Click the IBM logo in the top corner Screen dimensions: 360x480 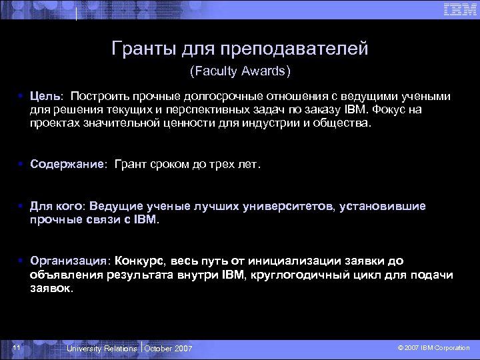pyautogui.click(x=460, y=9)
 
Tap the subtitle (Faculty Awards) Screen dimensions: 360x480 pyautogui.click(x=241, y=70)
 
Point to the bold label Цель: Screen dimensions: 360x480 pyautogui.click(x=46, y=96)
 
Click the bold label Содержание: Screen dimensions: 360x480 pyautogui.click(x=69, y=165)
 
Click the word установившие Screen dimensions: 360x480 pyautogui.click(x=383, y=206)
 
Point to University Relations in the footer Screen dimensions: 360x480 pyautogui.click(x=102, y=349)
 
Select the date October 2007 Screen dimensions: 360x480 pyautogui.click(x=168, y=349)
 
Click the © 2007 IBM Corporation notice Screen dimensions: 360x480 pyautogui.click(x=433, y=349)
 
